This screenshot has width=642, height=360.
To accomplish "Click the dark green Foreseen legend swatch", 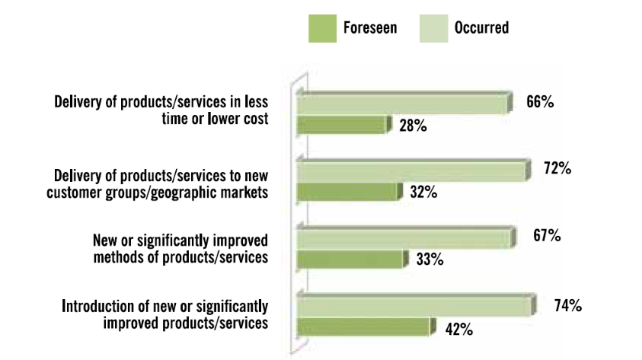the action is pos(323,29).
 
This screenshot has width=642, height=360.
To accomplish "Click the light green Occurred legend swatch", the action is pos(433,29).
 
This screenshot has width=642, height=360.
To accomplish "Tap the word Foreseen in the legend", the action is pos(370,28).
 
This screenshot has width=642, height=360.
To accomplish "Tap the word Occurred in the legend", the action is pos(481,28).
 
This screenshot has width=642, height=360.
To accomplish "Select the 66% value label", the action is pos(540,101).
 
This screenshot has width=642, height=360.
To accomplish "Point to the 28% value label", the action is pos(413,126).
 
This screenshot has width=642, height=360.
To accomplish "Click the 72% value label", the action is pos(557,168).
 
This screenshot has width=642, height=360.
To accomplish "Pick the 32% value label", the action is pos(423,192).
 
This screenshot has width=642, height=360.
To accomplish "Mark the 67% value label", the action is pos(547,236).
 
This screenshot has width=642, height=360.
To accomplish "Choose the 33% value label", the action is pos(430,259).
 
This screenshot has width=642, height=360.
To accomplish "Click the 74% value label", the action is pos(568,306).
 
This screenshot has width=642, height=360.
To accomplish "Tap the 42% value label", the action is pos(459,330).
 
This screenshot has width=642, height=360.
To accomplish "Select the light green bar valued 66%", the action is pos(404,103).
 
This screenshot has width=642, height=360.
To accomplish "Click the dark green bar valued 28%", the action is pos(344,125).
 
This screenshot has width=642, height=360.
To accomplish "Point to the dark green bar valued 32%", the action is pos(350,192).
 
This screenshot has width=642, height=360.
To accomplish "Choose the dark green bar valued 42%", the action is pos(366,327).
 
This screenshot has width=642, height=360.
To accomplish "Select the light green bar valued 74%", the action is pos(417,305).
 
